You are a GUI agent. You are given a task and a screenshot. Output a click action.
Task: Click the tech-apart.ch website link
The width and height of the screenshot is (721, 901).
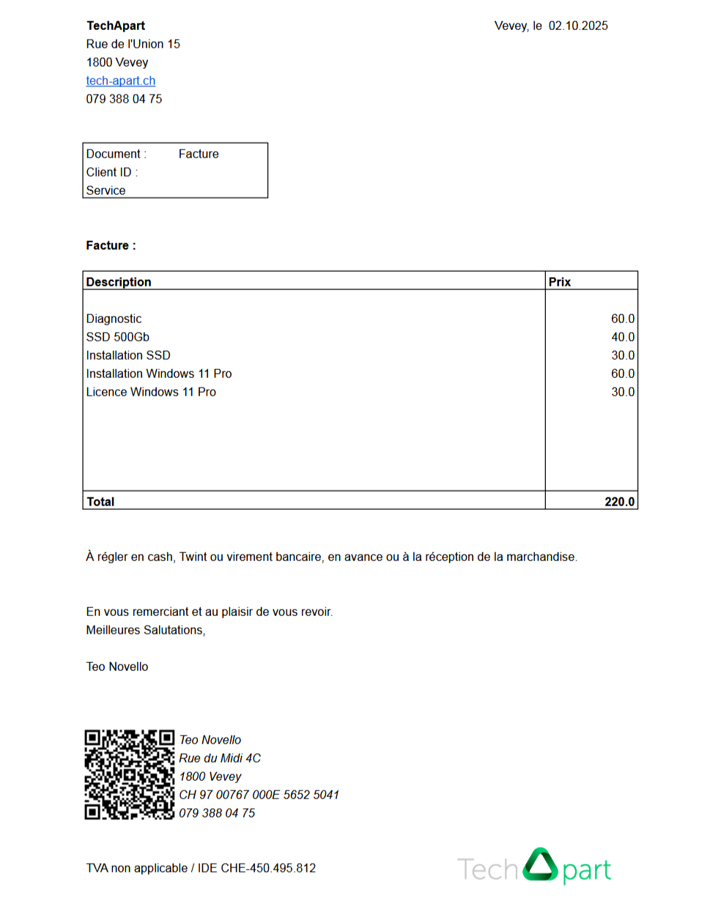point(120,81)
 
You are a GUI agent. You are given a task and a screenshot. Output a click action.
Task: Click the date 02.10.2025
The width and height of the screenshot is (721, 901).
point(578,26)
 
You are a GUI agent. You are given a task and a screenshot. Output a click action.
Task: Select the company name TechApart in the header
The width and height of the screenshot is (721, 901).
point(115,26)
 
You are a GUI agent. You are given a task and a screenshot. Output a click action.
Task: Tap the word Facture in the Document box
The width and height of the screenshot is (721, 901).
point(199,154)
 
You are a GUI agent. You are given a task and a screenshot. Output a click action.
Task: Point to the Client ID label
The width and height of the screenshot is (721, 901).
point(111,172)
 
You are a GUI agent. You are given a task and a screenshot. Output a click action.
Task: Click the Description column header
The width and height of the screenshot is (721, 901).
point(119,282)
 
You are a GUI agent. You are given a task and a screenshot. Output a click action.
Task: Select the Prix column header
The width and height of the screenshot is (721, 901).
point(559,282)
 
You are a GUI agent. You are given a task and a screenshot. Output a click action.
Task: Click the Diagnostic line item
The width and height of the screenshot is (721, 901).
point(114,319)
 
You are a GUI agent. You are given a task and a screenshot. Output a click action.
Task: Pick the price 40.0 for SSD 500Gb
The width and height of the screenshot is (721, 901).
point(623,337)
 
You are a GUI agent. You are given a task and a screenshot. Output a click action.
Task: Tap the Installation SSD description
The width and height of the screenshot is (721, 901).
point(128,355)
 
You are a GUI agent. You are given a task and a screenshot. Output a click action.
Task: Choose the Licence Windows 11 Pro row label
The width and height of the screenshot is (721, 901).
point(151,392)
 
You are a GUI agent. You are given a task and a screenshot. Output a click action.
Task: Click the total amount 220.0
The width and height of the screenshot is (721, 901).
point(621,502)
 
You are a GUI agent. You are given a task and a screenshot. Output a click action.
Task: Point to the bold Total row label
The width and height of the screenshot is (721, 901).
point(100,502)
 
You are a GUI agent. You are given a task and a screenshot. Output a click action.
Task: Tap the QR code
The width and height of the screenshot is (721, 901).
point(130,774)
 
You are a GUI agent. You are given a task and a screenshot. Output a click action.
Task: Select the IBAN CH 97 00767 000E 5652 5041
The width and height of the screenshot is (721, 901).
point(259,795)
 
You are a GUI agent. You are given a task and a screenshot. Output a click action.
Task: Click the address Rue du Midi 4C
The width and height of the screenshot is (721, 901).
point(220,758)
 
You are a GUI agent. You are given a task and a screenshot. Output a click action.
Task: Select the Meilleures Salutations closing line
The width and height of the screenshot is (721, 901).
point(146,630)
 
